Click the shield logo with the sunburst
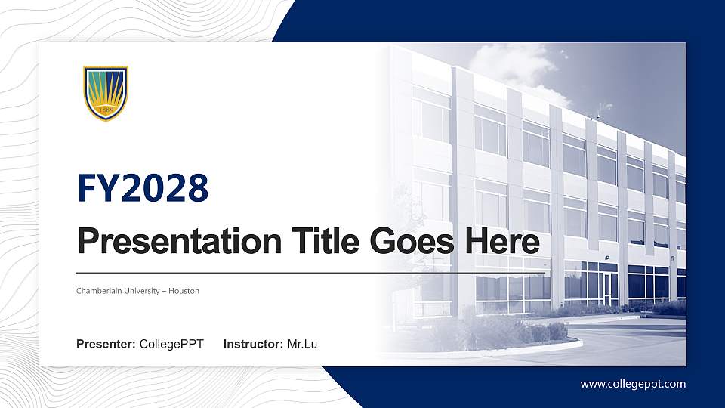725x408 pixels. [106, 93]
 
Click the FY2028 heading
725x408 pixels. [143, 188]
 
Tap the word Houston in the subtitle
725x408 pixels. [184, 291]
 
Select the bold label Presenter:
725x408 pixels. [106, 345]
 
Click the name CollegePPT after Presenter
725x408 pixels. [171, 345]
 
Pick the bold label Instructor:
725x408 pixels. [254, 345]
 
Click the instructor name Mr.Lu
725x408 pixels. [302, 345]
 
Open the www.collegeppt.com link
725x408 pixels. [633, 384]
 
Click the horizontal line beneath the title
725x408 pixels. [310, 272]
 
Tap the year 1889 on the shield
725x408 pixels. [106, 110]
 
